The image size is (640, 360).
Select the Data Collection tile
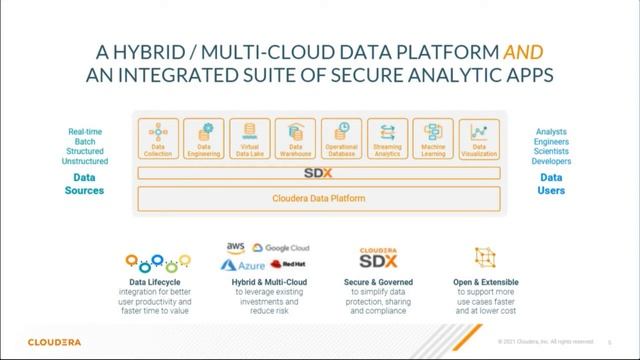point(158,139)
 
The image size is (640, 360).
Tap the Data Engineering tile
point(205,139)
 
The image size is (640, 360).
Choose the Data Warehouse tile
point(295,139)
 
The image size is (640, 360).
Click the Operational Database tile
point(342,139)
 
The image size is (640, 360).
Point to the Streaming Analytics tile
point(387,139)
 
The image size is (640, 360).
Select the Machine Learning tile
point(433,139)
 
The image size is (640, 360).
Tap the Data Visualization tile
point(479,139)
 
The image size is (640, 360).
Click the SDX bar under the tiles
point(319,172)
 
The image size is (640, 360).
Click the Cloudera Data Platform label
point(319,198)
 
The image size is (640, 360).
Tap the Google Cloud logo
point(281,247)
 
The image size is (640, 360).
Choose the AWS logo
point(236,246)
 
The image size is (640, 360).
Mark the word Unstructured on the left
point(84,160)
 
